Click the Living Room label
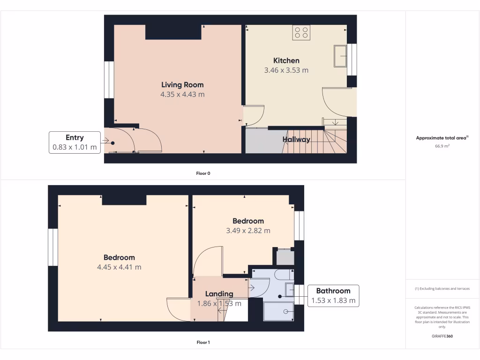coord(182,85)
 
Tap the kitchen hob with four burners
coord(301,32)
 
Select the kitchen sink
coord(340,57)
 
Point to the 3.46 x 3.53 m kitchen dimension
coord(286,70)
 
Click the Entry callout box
coord(75,142)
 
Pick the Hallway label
coord(296,139)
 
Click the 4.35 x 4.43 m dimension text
coord(182,95)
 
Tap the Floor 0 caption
coord(203,173)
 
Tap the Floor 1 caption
coord(203,343)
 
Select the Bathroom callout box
coord(333,296)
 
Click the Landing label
coord(219,294)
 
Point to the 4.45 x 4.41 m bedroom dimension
coord(119,267)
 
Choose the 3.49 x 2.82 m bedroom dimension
coord(248,231)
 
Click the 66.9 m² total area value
coord(442,146)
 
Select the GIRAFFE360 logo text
coord(442,336)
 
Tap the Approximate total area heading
coord(442,138)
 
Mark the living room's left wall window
coord(109,80)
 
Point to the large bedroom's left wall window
coord(53,247)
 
